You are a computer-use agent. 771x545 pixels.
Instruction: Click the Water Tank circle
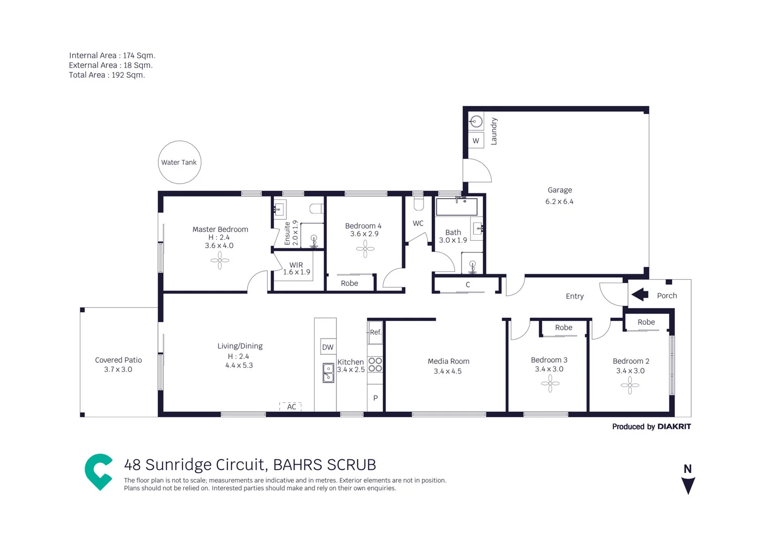(x=180, y=162)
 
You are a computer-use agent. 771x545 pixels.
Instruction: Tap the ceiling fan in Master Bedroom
(x=219, y=260)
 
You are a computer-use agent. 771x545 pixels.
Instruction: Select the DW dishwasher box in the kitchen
(x=328, y=347)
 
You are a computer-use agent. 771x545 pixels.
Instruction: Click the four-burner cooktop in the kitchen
(x=375, y=364)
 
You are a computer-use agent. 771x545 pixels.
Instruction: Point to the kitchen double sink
(x=328, y=373)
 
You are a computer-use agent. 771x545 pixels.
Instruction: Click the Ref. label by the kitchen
(x=375, y=332)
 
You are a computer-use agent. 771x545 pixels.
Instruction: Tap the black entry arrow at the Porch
(x=639, y=294)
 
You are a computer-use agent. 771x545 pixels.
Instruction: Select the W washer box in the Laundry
(x=476, y=140)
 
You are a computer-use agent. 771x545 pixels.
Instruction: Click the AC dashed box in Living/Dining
(x=290, y=406)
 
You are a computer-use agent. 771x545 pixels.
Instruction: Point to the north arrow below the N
(x=688, y=485)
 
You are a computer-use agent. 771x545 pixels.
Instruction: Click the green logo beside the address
(x=98, y=471)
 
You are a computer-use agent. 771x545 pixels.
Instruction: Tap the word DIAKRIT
(x=674, y=426)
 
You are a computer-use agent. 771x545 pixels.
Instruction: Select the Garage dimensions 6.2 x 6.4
(x=559, y=201)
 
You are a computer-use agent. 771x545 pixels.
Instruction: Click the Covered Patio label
(x=118, y=360)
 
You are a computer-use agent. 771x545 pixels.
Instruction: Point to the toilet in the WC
(x=419, y=203)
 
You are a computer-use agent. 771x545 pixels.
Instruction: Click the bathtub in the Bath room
(x=456, y=207)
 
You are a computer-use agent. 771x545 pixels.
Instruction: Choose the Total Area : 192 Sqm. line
(x=107, y=75)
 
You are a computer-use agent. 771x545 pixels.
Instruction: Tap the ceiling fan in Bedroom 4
(x=365, y=248)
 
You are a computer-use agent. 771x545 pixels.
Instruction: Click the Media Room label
(x=448, y=361)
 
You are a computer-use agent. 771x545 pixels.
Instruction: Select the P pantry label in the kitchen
(x=375, y=398)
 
